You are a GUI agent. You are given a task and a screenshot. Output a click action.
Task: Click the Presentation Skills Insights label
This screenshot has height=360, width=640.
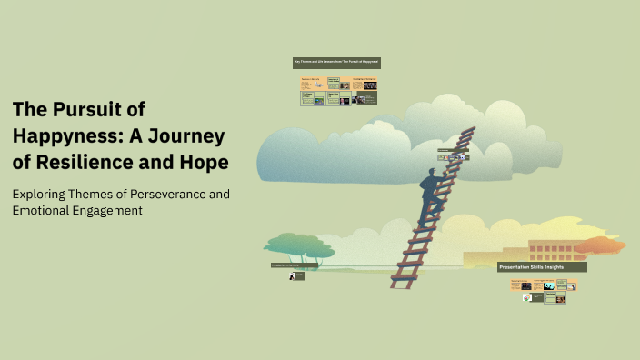pyautogui.click(x=542, y=267)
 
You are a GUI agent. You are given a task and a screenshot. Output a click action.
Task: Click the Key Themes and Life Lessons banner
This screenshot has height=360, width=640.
pyautogui.click(x=336, y=63)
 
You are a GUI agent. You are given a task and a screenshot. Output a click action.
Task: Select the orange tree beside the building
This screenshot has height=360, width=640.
pyautogui.click(x=599, y=245)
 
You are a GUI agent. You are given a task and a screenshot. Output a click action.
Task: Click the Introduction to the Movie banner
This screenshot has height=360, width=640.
pyautogui.click(x=294, y=265)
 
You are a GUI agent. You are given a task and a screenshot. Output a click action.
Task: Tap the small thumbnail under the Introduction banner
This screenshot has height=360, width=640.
pyautogui.click(x=296, y=275)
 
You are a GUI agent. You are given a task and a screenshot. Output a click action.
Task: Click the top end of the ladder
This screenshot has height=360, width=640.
pyautogui.click(x=468, y=132)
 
